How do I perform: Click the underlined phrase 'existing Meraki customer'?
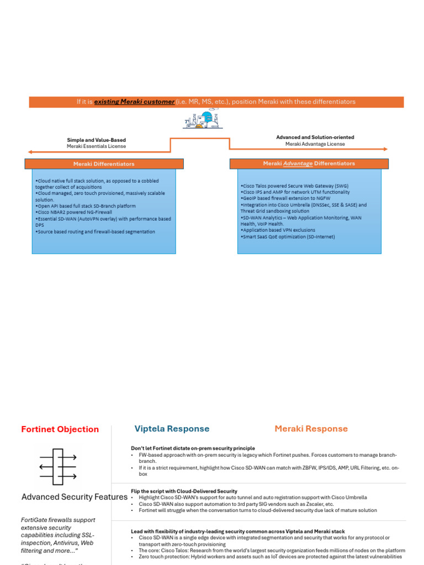click(x=134, y=102)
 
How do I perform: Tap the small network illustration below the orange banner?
click(x=202, y=119)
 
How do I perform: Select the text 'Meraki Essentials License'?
click(x=97, y=146)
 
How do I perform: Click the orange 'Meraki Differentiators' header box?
click(x=104, y=164)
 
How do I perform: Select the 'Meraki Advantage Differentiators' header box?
click(x=309, y=164)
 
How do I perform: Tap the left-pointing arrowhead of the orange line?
click(x=30, y=152)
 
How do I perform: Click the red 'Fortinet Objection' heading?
click(x=60, y=429)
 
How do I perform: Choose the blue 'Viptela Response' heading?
click(x=172, y=429)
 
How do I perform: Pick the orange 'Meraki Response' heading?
click(x=311, y=429)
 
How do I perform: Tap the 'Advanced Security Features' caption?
click(x=74, y=497)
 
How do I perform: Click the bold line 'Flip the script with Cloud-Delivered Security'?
click(x=184, y=491)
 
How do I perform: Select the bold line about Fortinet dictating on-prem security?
click(x=193, y=449)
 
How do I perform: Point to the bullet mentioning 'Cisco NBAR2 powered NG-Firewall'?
click(x=74, y=212)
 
